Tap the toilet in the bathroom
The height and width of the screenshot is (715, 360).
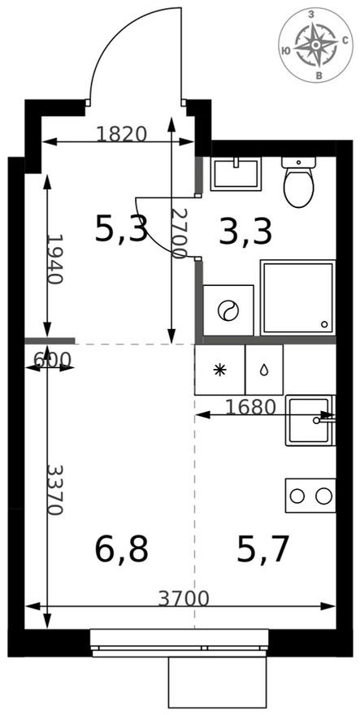click(x=298, y=182)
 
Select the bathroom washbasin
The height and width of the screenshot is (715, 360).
click(x=235, y=174)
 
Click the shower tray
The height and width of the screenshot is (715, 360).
click(x=297, y=297)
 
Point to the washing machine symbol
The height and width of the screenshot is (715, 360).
click(x=228, y=310)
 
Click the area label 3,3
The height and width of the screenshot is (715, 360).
click(x=245, y=232)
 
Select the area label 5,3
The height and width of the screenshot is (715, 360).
click(x=121, y=229)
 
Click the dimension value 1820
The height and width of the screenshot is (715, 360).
click(x=121, y=134)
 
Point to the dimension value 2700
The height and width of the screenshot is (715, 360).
click(x=180, y=232)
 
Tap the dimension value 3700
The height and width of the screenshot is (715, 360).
click(x=184, y=599)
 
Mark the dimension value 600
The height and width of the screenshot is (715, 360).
click(x=52, y=359)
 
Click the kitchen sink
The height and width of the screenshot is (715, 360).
click(x=309, y=420)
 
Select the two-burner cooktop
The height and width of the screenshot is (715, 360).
click(x=310, y=496)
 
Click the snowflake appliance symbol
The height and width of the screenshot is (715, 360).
click(x=219, y=370)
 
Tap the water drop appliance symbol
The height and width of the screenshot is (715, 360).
click(x=264, y=370)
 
